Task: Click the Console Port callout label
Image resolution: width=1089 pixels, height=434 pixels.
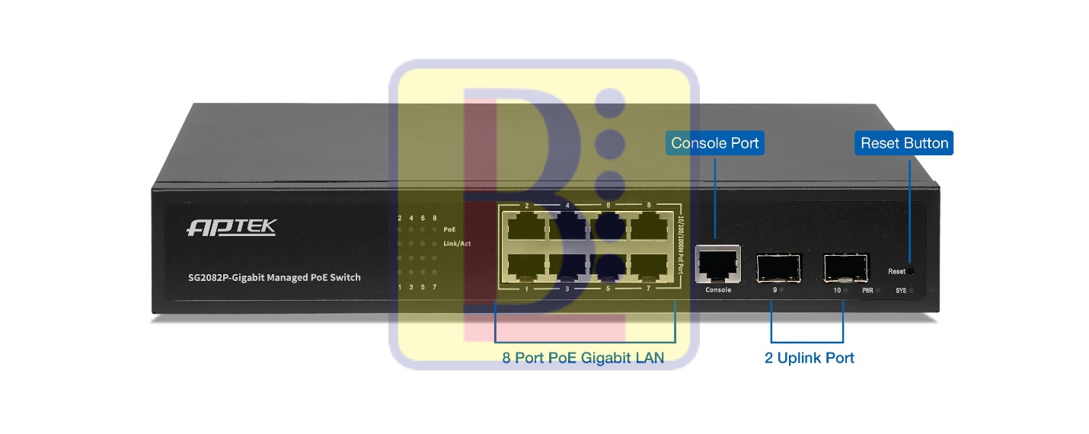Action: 714,143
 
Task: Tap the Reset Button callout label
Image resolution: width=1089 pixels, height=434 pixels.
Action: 904,143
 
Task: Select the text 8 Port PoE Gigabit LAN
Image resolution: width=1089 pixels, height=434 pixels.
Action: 583,358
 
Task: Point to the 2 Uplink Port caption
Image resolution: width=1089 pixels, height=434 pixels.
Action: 810,358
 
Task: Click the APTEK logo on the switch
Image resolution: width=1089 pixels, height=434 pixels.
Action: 232,228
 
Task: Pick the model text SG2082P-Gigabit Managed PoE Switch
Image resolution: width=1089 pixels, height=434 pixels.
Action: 274,277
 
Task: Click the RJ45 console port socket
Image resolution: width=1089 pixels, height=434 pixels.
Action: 718,263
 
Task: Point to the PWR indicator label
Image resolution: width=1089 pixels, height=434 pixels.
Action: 867,291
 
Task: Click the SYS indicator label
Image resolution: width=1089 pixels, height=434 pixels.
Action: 901,291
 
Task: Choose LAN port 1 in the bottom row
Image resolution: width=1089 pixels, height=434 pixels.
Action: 526,265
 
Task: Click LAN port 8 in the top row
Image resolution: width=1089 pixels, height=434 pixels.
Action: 649,226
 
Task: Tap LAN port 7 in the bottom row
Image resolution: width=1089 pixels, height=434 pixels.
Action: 649,265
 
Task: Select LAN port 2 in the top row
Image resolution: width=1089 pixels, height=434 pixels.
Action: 526,226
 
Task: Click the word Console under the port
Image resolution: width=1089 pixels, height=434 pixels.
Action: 718,290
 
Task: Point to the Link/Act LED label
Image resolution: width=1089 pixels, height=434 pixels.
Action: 457,244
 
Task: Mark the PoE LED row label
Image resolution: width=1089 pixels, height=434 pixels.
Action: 449,228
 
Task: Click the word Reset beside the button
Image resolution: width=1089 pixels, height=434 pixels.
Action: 896,272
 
